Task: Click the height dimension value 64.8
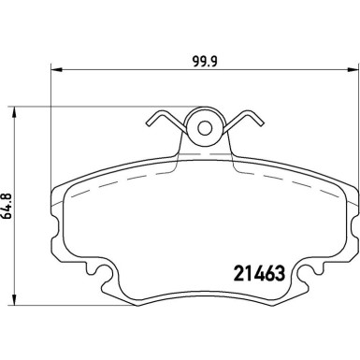(x=8, y=208)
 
